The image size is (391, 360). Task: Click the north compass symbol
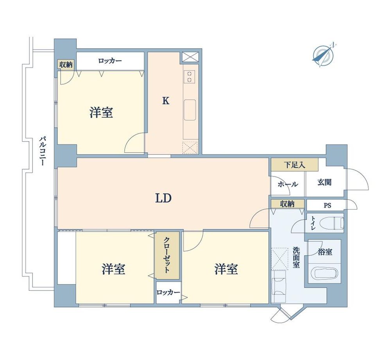(x=323, y=55)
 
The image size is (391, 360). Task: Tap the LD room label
(x=163, y=198)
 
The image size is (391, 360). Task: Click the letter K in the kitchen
(x=166, y=101)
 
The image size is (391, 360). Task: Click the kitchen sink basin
(x=190, y=110)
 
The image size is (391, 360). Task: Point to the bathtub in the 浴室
(x=326, y=273)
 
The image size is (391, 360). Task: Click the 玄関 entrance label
(x=324, y=182)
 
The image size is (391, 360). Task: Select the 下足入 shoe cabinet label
(x=294, y=165)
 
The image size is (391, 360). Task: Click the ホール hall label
(x=287, y=184)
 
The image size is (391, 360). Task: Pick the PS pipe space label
(x=327, y=205)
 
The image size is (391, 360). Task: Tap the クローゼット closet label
(x=167, y=255)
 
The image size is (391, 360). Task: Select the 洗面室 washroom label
(x=296, y=257)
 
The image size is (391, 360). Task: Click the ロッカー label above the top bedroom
(x=110, y=61)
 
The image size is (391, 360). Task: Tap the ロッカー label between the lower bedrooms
(x=168, y=292)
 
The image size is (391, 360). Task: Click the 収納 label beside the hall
(x=287, y=204)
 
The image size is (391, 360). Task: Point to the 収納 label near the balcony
(x=66, y=65)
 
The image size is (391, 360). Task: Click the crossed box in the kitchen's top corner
(x=190, y=57)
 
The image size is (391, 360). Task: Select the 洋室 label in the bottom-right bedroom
(x=226, y=269)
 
